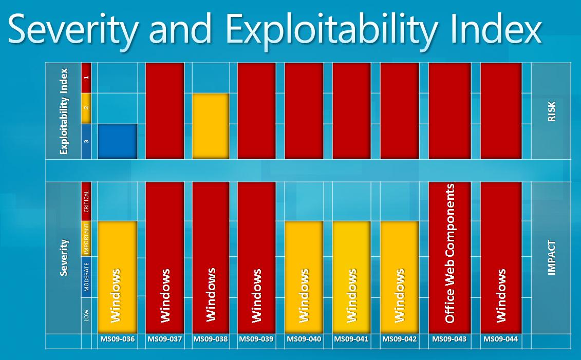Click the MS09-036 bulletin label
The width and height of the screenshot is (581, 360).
click(x=117, y=339)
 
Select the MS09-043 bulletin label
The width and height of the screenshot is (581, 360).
click(x=449, y=339)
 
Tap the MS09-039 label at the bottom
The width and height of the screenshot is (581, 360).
click(x=256, y=339)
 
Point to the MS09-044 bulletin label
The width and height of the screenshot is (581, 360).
click(x=501, y=339)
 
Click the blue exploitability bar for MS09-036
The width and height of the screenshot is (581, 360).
click(x=117, y=141)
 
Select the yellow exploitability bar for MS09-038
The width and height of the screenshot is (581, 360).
click(x=211, y=126)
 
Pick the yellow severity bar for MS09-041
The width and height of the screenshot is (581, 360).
click(x=351, y=277)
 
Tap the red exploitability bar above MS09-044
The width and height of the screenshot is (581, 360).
click(x=501, y=110)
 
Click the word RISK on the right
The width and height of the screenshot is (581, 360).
click(x=552, y=111)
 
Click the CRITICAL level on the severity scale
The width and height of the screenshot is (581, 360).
click(x=86, y=201)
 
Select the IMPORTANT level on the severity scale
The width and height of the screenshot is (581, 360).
click(x=86, y=238)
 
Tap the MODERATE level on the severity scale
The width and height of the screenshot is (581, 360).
click(x=86, y=277)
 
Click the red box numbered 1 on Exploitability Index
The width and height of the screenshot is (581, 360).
click(x=86, y=78)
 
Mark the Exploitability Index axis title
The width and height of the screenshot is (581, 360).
click(x=64, y=111)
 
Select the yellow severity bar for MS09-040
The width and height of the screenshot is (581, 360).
click(x=304, y=277)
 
